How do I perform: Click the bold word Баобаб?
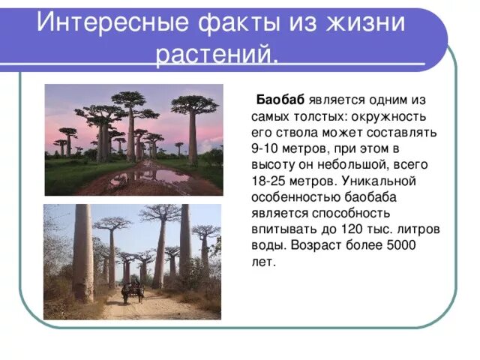click(280, 100)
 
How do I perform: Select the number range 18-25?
click(270, 181)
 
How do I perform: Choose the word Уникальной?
click(379, 181)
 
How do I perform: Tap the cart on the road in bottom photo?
click(133, 292)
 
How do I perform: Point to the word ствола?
click(295, 133)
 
